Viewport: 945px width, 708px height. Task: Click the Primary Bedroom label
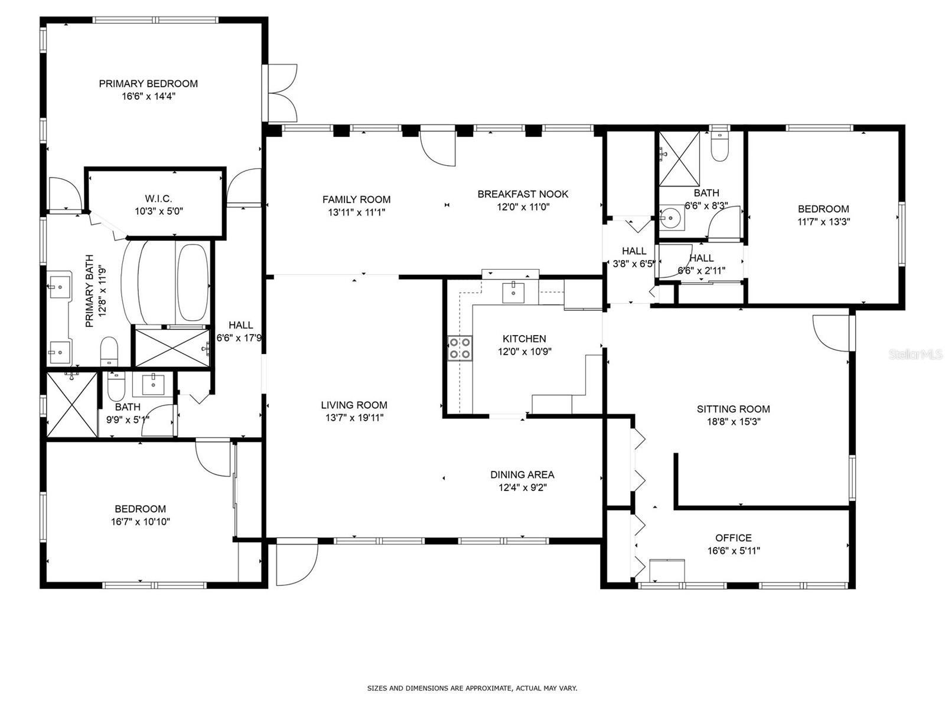148,83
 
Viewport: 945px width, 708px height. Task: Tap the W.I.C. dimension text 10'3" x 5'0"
159,211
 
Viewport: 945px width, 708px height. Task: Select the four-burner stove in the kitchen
460,348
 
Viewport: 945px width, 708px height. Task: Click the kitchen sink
513,293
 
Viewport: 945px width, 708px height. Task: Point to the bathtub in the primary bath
193,283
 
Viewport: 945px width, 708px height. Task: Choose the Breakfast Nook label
523,194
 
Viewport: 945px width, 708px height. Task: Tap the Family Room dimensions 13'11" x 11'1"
357,212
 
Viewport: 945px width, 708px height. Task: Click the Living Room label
354,405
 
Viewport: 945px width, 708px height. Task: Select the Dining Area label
522,474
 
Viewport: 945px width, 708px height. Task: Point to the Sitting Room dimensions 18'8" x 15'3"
734,422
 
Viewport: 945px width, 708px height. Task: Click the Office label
734,537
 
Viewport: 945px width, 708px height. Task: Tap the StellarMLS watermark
915,354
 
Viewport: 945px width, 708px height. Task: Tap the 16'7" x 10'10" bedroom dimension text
141,522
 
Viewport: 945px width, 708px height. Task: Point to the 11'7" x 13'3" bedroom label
823,209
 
